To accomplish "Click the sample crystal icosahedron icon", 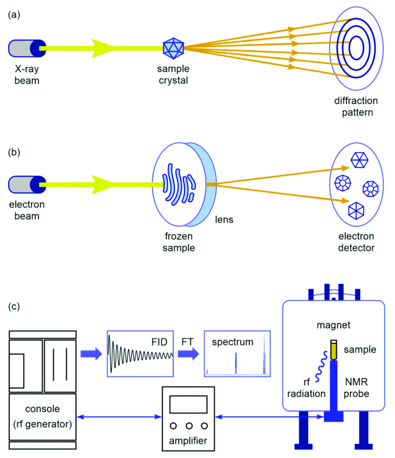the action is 173,48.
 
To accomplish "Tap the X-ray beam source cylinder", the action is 27,48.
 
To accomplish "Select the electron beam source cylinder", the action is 27,185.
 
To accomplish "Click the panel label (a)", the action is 14,14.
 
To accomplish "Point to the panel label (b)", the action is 14,152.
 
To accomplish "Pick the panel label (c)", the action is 14,306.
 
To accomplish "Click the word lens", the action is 224,219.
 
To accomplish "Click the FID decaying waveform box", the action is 140,354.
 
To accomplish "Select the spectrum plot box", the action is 237,354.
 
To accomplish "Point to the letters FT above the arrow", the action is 187,342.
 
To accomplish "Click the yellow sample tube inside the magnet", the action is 334,350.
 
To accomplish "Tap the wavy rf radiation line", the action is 322,366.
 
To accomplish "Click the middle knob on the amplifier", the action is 189,426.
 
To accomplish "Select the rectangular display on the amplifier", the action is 189,404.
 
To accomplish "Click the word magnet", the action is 334,325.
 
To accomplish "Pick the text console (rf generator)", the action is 43,416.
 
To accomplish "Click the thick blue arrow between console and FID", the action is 91,354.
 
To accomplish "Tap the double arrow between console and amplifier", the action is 119,417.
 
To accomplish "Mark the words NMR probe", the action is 356,388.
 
